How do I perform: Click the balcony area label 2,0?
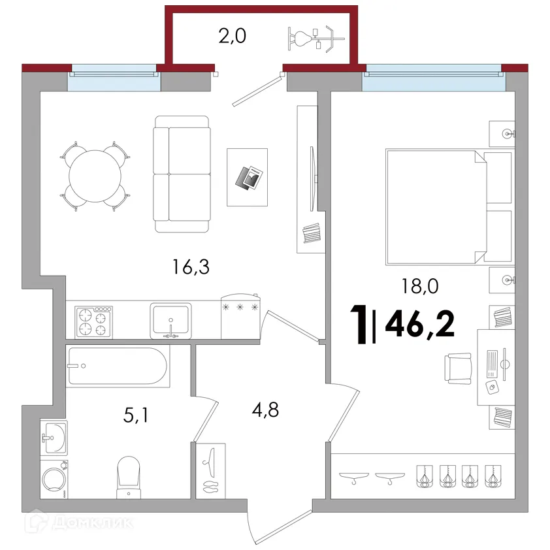pyautogui.click(x=232, y=36)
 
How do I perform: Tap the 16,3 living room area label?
pyautogui.click(x=191, y=267)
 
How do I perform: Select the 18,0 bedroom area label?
pyautogui.click(x=420, y=286)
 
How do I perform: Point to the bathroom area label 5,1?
pyautogui.click(x=136, y=415)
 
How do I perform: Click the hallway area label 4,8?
pyautogui.click(x=265, y=410)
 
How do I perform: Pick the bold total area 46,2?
pyautogui.click(x=420, y=323)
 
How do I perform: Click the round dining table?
pyautogui.click(x=95, y=176)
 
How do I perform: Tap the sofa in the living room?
pyautogui.click(x=182, y=174)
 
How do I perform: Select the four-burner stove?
pyautogui.click(x=93, y=322)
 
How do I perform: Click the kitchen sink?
pyautogui.click(x=171, y=321)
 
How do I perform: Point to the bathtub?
pyautogui.click(x=118, y=366)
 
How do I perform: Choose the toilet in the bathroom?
pyautogui.click(x=129, y=477)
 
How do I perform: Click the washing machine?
pyautogui.click(x=54, y=479)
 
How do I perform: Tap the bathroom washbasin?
pyautogui.click(x=54, y=438)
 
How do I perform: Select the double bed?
pyautogui.click(x=449, y=207)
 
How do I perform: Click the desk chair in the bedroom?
pyautogui.click(x=458, y=368)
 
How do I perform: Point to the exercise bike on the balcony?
pyautogui.click(x=316, y=39)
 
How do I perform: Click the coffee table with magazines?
pyautogui.click(x=248, y=177)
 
